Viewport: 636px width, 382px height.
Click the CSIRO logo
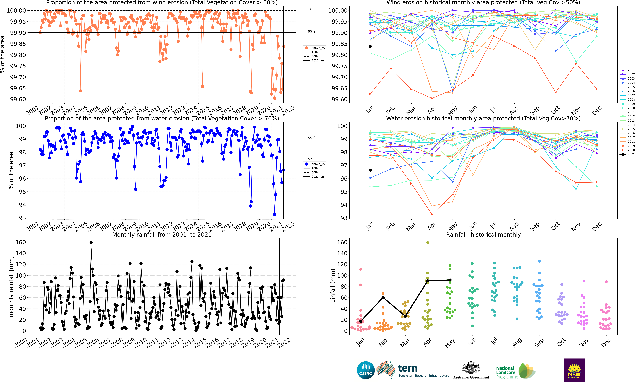pyautogui.click(x=365, y=370)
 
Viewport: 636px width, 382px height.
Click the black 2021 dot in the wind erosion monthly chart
pyautogui.click(x=370, y=46)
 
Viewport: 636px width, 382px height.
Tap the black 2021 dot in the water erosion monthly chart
pyautogui.click(x=370, y=170)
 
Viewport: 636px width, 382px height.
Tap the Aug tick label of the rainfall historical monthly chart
pyautogui.click(x=517, y=343)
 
